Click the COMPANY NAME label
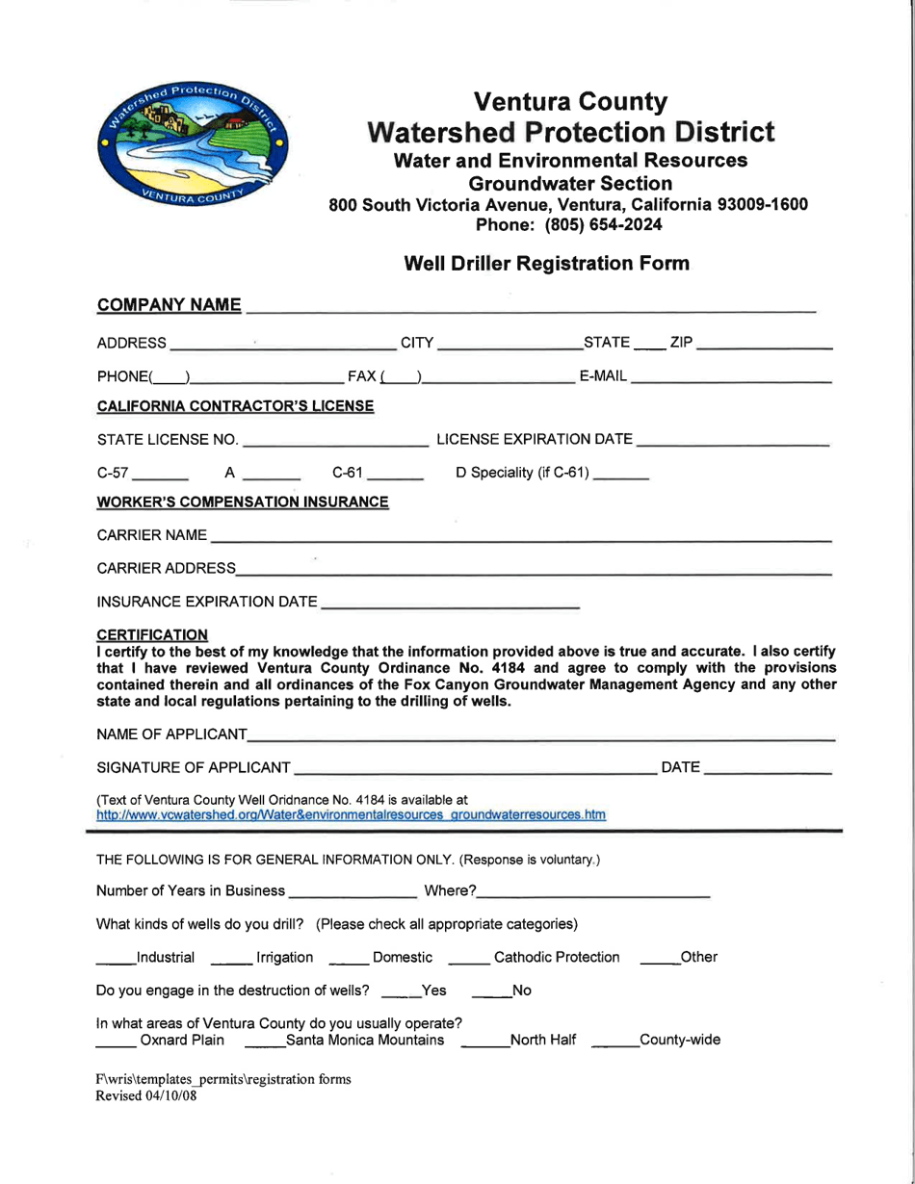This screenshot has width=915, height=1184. click(169, 306)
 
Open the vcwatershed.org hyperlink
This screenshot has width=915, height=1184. click(351, 815)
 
